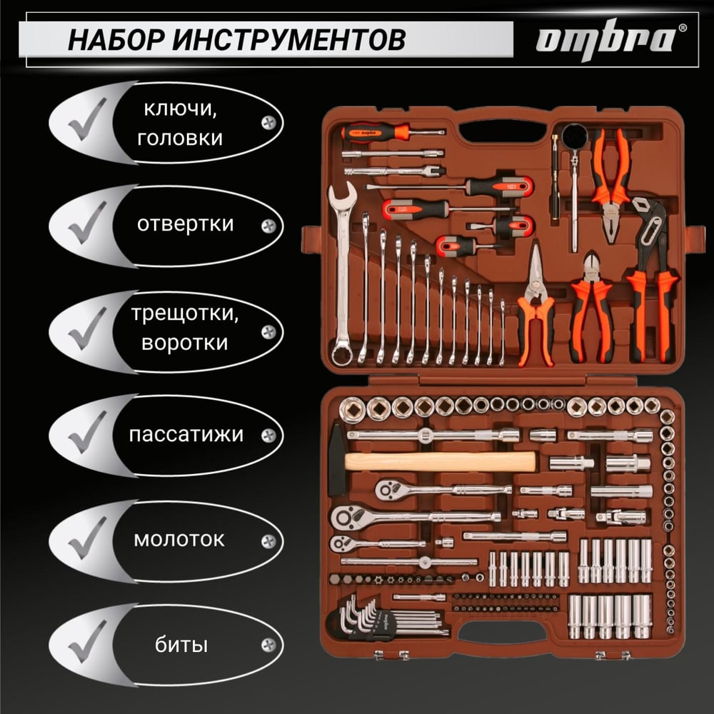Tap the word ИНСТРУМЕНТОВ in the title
289,39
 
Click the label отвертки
185,224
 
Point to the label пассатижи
186,435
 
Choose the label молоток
179,540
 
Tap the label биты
181,645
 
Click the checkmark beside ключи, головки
87,119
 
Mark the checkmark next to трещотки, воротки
87,328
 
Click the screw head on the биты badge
268,645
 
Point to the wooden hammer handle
440,461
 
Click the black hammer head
337,460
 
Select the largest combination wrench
342,273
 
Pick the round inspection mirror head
575,135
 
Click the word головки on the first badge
180,138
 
